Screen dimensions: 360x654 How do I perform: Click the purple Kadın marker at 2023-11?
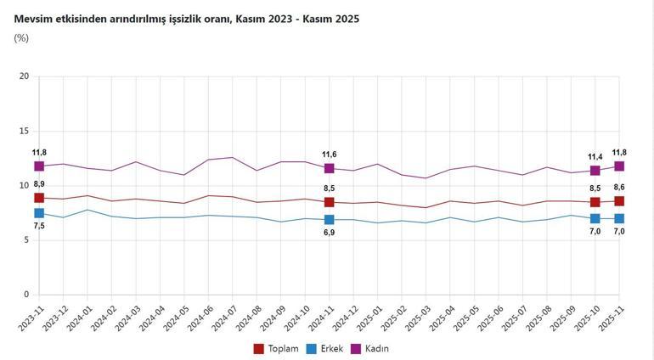click(x=39, y=166)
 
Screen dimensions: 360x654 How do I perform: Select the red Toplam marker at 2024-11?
click(x=329, y=202)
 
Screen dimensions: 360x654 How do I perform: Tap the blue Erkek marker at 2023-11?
click(x=39, y=213)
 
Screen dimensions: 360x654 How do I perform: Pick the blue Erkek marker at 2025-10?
click(x=595, y=218)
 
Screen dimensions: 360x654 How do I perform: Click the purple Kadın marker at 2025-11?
click(x=619, y=166)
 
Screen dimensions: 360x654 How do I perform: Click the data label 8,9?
click(x=39, y=184)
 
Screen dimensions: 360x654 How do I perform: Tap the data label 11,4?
click(x=595, y=157)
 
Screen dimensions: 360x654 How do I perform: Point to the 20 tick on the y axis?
click(x=24, y=76)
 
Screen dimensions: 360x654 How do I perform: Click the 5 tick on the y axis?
click(x=26, y=240)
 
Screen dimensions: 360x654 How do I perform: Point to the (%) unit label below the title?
click(x=21, y=38)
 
